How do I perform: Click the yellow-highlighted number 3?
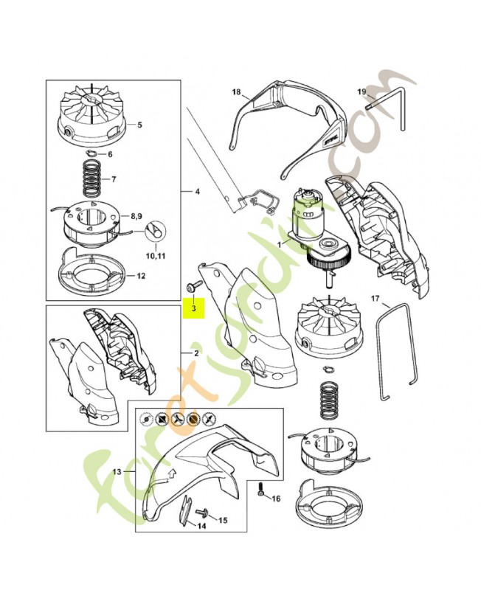point(194,310)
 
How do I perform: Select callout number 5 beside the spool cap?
point(140,125)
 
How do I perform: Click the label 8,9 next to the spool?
point(136,218)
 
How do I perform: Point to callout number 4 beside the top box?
point(197,192)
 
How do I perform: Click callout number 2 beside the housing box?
point(196,353)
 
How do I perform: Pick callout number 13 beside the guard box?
point(116,471)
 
